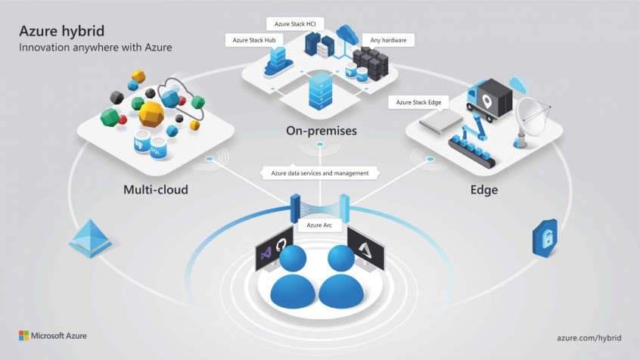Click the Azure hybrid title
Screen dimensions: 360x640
click(62, 31)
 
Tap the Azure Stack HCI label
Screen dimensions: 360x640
click(296, 24)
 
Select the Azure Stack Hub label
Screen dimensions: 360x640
click(253, 39)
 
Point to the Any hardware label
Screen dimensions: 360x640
click(387, 39)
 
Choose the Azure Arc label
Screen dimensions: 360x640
click(319, 225)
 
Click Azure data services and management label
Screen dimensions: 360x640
click(319, 173)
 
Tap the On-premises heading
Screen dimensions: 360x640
click(321, 132)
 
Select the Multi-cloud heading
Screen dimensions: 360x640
click(155, 189)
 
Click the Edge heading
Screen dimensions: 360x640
click(484, 190)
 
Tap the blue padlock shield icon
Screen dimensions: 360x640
click(545, 237)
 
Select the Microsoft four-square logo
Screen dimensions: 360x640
click(23, 334)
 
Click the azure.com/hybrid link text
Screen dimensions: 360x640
click(587, 334)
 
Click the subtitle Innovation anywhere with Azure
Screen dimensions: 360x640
click(96, 48)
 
